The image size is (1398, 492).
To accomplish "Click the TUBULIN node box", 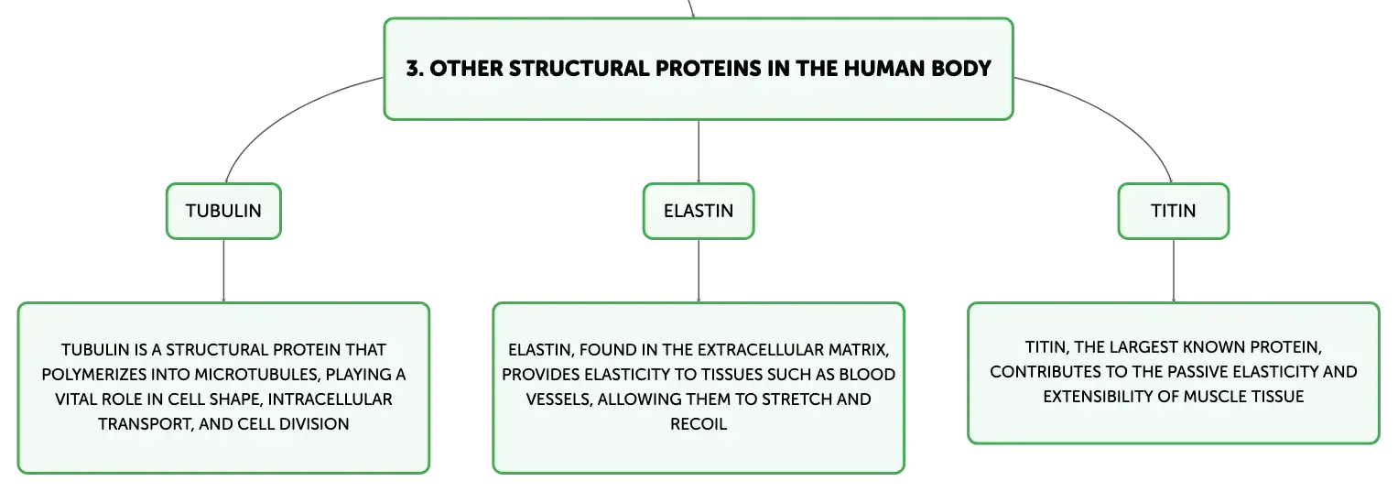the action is [223, 211].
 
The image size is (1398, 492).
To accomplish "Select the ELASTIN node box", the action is [699, 211].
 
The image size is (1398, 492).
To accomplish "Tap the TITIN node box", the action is [1174, 211].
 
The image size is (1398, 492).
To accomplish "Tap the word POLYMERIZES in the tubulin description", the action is [93, 375].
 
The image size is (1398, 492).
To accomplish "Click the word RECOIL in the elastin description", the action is [699, 424].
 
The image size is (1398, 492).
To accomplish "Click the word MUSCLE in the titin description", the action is [1214, 397].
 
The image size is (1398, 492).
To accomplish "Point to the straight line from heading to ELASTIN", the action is [699, 151].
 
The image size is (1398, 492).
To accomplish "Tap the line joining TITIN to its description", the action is [1174, 271].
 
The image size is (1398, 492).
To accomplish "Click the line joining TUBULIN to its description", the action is [223, 271].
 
